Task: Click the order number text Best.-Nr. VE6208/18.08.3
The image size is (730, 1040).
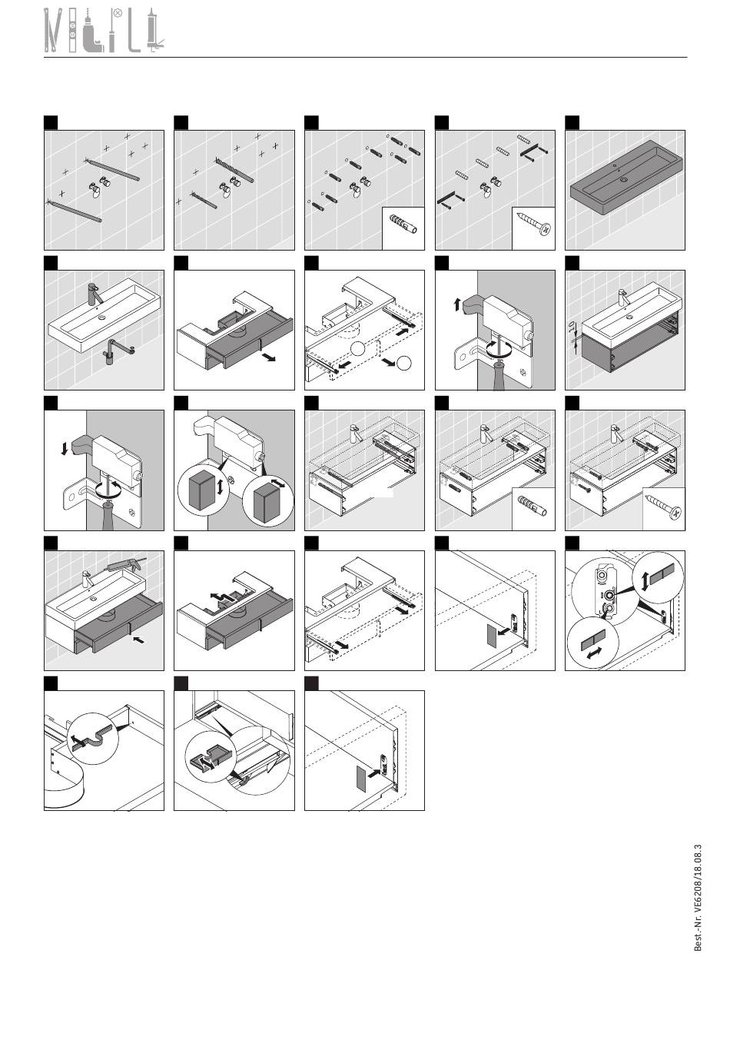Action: click(x=698, y=898)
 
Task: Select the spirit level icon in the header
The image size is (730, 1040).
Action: click(x=72, y=30)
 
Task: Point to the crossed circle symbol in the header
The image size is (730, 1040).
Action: click(x=118, y=14)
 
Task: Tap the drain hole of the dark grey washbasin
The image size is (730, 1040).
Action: click(x=624, y=179)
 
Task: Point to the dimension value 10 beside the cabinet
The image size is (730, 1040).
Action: click(x=571, y=327)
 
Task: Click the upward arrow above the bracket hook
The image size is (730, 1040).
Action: click(x=457, y=304)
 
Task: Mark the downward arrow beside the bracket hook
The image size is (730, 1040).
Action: click(x=65, y=448)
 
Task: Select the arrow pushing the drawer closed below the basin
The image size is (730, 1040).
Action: click(x=138, y=640)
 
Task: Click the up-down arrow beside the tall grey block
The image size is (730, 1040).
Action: click(x=220, y=487)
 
